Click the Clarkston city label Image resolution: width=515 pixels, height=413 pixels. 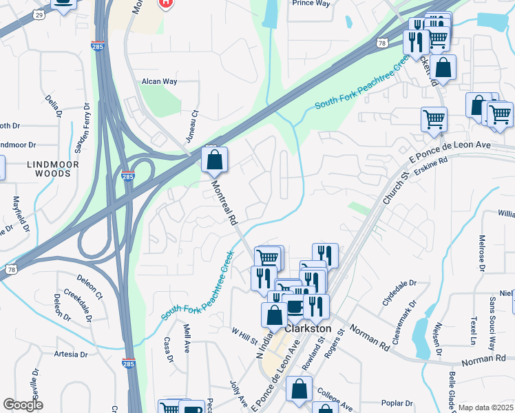click(308, 329)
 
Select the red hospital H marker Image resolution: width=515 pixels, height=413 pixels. click(166, 3)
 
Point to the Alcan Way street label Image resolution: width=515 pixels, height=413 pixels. click(159, 81)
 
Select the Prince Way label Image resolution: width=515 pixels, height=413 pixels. click(311, 3)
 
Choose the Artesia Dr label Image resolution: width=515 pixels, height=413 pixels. click(70, 355)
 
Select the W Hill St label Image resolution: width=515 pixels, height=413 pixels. click(244, 337)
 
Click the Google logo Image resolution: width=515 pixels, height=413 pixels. click(23, 405)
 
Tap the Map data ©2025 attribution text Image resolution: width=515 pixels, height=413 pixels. click(485, 407)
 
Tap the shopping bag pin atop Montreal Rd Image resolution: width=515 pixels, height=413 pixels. click(215, 160)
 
